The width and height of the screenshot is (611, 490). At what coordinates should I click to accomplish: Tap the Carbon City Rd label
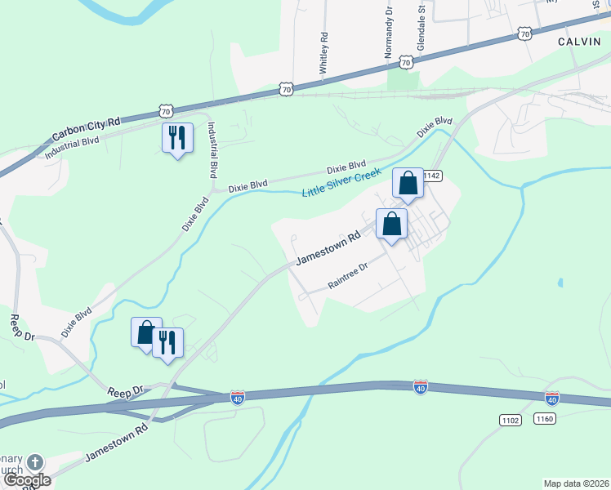(85, 129)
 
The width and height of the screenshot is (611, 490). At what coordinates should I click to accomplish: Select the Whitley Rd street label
(324, 53)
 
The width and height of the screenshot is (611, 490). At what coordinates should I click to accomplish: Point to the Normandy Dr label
(389, 38)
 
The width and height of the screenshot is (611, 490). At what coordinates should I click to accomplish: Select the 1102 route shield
(511, 419)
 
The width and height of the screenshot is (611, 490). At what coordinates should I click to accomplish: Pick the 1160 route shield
(545, 418)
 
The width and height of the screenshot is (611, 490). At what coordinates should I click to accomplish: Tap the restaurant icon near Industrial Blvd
(177, 137)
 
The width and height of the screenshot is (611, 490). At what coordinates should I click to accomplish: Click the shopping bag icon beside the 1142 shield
(408, 184)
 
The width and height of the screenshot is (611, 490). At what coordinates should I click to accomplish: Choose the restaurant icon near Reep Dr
(167, 342)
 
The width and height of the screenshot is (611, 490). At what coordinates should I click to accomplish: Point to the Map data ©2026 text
(576, 483)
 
